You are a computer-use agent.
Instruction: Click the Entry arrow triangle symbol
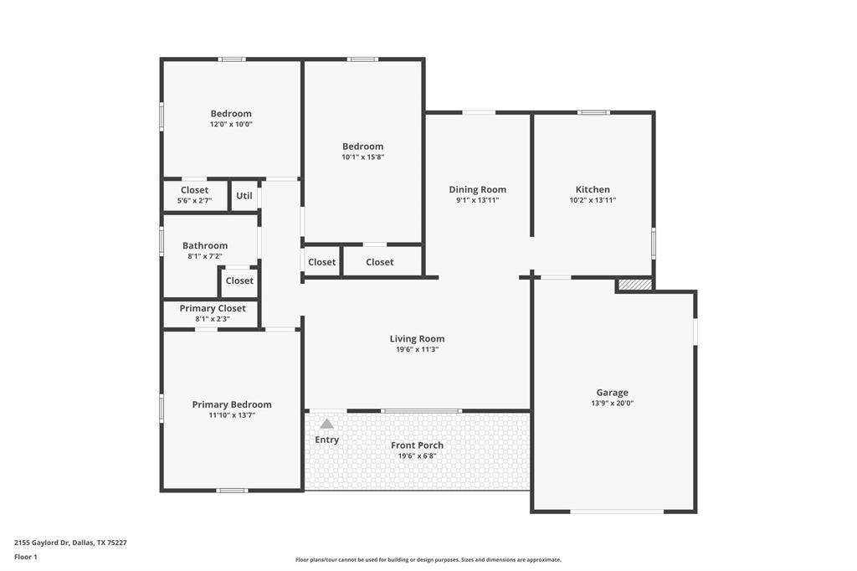point(326,424)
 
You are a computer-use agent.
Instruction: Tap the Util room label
point(244,196)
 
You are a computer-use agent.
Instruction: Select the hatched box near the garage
point(635,285)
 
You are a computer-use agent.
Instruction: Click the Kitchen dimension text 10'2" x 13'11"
point(593,200)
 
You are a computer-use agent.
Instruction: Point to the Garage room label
point(612,392)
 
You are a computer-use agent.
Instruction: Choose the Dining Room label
point(477,189)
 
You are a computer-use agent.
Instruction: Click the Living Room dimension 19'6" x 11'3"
point(417,349)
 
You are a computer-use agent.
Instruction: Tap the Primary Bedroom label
point(232,404)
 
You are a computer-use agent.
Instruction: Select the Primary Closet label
point(213,308)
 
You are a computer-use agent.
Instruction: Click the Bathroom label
point(205,245)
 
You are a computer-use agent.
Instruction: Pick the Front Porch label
point(417,445)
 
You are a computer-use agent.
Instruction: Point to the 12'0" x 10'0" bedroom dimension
point(231,124)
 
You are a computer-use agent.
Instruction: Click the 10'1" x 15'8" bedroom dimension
point(362,157)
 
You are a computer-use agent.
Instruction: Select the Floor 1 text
point(27,557)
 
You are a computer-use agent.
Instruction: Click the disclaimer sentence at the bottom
point(428,559)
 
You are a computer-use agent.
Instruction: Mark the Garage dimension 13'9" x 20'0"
point(612,403)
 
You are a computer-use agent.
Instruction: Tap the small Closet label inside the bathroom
point(239,281)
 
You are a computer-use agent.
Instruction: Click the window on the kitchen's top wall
point(594,112)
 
